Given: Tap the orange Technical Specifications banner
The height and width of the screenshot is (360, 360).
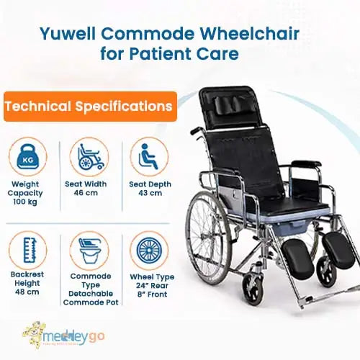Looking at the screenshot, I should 89,107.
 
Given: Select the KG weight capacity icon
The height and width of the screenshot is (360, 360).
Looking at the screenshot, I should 30,156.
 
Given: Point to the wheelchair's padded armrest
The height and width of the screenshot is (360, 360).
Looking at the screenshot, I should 306,165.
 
